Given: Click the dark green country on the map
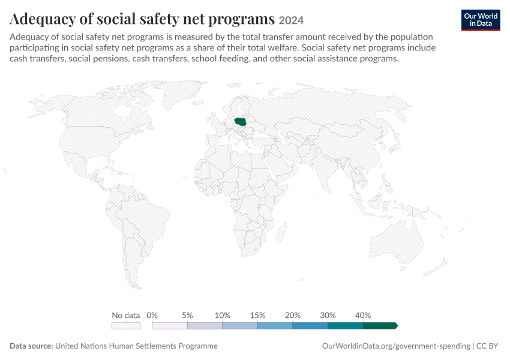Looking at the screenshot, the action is coord(241,122).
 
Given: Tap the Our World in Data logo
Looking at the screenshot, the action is coord(481,20).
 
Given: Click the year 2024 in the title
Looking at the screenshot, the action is coord(291,20).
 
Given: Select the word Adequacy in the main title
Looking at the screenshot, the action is coord(43,19).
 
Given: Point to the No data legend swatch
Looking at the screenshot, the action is coord(126,326).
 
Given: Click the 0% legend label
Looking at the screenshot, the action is coord(152,315).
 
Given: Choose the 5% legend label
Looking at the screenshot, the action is coord(187,315).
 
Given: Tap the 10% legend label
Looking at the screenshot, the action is coord(223,315).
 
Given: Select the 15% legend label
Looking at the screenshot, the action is coord(257,315).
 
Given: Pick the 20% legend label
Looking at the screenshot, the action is coord(293,315).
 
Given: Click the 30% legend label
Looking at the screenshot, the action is coord(328,315).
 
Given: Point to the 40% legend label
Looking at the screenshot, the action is coord(363,315).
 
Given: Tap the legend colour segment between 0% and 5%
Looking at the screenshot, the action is coord(170,326).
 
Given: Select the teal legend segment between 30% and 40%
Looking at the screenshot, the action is coord(346,326).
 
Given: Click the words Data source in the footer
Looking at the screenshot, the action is coord(31,346).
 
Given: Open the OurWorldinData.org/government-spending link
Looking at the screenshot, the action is coord(396,346).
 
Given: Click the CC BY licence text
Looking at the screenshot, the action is coord(487,346).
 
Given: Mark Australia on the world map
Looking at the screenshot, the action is coord(397,241).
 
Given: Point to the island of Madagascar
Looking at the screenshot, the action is coord(283,230).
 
